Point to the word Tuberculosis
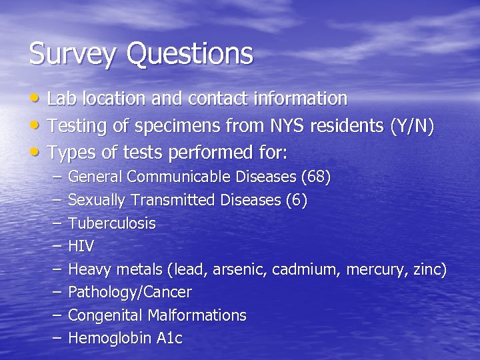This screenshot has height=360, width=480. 111,223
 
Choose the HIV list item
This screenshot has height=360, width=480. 81,246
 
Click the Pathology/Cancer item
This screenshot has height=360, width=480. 130,292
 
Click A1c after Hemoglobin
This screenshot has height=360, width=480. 169,338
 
